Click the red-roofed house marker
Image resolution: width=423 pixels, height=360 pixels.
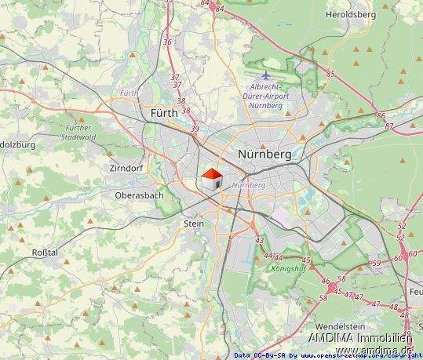point(212,180)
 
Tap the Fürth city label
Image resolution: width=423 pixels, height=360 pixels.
point(164,114)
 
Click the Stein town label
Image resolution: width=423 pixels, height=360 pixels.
point(193,224)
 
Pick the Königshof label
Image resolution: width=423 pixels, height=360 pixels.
point(289,267)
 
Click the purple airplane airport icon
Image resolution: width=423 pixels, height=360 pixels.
point(266,75)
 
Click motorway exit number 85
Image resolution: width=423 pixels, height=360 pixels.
point(330,74)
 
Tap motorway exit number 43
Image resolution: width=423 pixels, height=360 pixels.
point(259,240)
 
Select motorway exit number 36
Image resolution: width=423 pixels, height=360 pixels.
point(166,42)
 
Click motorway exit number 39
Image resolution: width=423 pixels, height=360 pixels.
point(195,129)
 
